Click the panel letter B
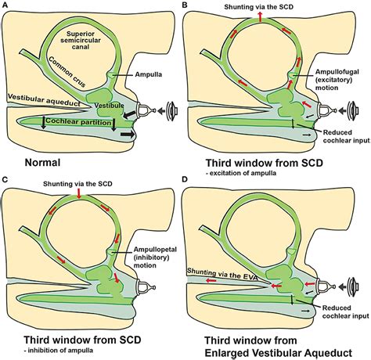pos(186,5)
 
